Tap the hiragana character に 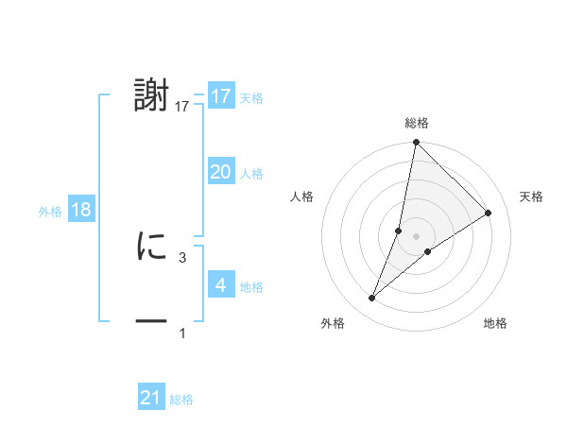click(x=152, y=247)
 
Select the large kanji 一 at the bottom click(x=152, y=322)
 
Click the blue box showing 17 click(x=221, y=96)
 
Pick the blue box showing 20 click(x=221, y=172)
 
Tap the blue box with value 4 click(x=221, y=285)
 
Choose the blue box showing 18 click(x=81, y=210)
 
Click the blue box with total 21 click(x=151, y=398)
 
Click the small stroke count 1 click(x=181, y=333)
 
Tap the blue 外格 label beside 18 click(x=50, y=212)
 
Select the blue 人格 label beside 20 click(x=252, y=174)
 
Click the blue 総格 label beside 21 click(x=181, y=400)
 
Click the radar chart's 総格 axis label click(x=416, y=123)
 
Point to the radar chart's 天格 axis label click(x=531, y=196)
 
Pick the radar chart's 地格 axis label click(x=495, y=323)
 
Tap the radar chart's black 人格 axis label click(x=302, y=196)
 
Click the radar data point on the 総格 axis click(x=416, y=143)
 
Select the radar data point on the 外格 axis click(x=372, y=299)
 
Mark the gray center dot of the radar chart click(x=416, y=235)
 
